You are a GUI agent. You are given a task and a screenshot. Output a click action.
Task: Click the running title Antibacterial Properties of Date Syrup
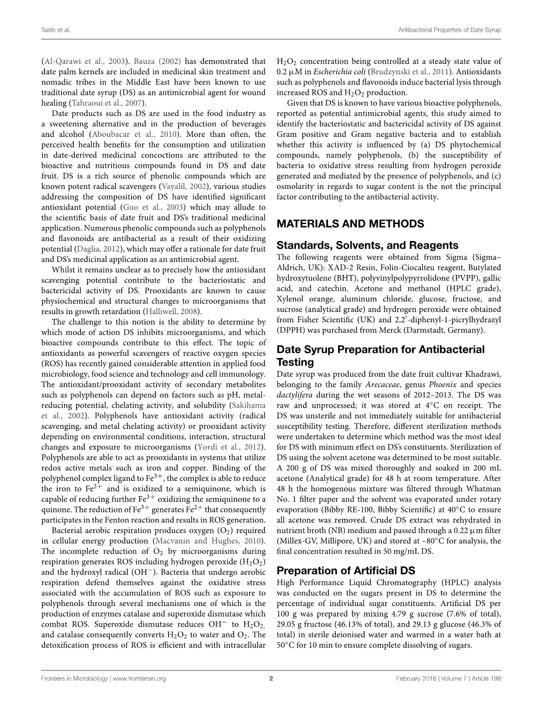coord(449,29)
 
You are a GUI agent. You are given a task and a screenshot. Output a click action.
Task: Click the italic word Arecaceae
coord(379,384)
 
